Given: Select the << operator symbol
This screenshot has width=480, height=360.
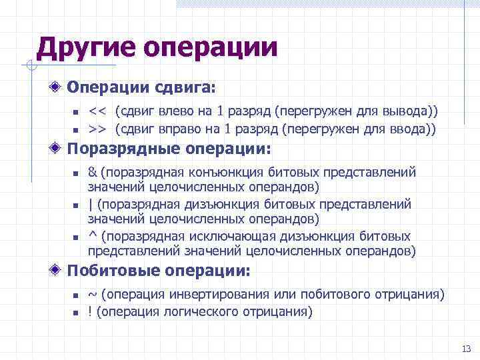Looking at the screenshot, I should click(x=98, y=110).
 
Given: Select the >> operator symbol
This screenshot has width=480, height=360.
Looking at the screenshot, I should click(x=98, y=129).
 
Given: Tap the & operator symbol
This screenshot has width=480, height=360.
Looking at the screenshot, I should click(x=92, y=172).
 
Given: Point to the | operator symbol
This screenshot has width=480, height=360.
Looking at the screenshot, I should click(x=90, y=204).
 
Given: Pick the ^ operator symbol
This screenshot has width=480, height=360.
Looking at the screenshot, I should click(x=92, y=236).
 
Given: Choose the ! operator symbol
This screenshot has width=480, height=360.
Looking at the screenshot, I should click(x=90, y=311).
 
